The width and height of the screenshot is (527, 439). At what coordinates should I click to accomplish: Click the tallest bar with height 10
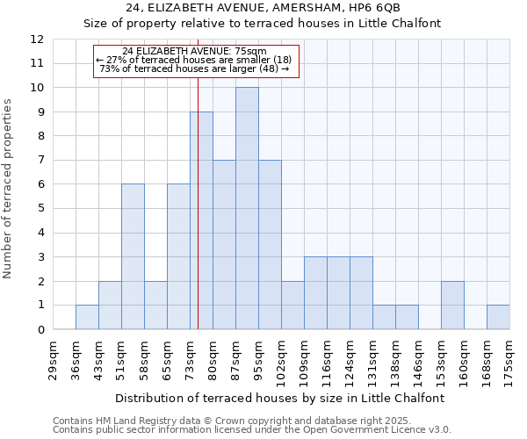pyautogui.click(x=247, y=209)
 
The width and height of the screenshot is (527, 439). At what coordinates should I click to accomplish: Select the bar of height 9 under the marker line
pyautogui.click(x=201, y=220)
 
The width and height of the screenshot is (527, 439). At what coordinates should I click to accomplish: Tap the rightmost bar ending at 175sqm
pyautogui.click(x=498, y=317)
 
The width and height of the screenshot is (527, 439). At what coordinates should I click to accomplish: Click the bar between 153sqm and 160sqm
pyautogui.click(x=452, y=306)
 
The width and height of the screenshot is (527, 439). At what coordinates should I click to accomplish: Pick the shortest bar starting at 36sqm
pyautogui.click(x=87, y=317)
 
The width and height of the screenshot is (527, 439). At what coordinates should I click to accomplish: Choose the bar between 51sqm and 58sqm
pyautogui.click(x=133, y=257)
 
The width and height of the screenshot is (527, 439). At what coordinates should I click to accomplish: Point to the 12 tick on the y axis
pyautogui.click(x=36, y=40)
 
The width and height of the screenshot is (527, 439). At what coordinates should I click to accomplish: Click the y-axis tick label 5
pyautogui.click(x=36, y=209)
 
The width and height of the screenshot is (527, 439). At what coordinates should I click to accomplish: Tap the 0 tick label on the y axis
pyautogui.click(x=36, y=330)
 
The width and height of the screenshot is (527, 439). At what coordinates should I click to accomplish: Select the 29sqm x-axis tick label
pyautogui.click(x=53, y=359)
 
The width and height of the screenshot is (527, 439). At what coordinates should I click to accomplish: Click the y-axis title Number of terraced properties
pyautogui.click(x=8, y=188)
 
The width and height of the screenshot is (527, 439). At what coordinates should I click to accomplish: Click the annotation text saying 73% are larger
pyautogui.click(x=194, y=68)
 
